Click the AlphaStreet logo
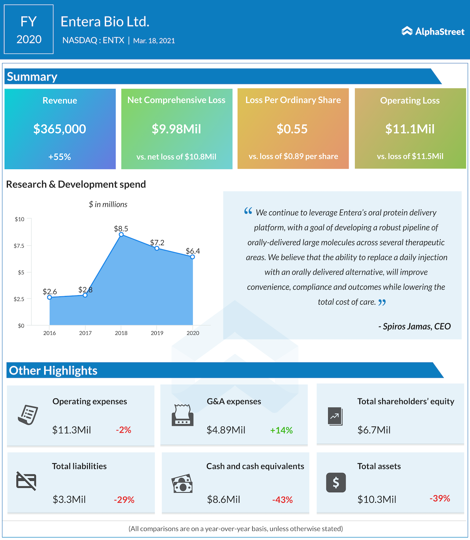pos(433,31)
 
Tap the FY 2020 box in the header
pos(29,29)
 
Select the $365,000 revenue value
pos(59,129)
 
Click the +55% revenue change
pos(59,157)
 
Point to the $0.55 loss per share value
pos(292,129)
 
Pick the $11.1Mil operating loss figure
pos(410,129)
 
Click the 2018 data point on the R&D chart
pos(121,235)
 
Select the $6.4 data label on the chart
pos(193,251)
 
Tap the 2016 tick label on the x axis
pos(50,333)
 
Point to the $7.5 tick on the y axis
pos(19,246)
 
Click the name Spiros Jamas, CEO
pos(415,326)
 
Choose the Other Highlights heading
pos(53,371)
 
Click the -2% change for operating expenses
pos(123,430)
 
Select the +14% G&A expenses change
pos(281,430)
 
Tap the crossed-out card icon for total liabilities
pos(26,481)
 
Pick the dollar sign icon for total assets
pos(336,483)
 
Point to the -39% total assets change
pos(440,498)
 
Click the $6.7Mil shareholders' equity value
pos(374,430)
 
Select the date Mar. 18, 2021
pos(154,41)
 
